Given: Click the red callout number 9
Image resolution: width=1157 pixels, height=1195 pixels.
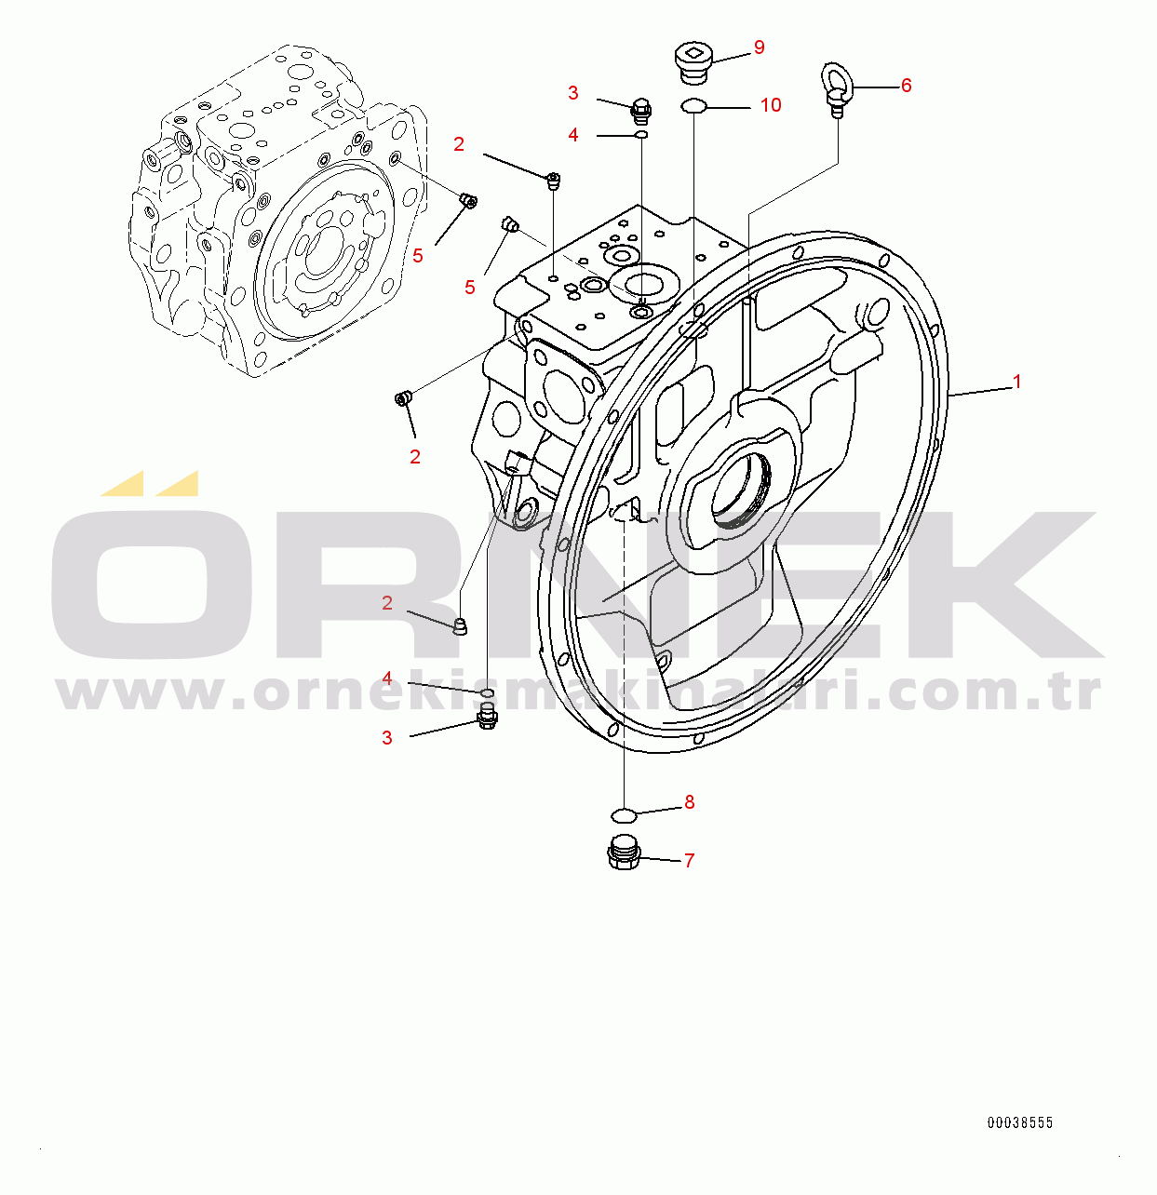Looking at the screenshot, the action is click(x=759, y=47).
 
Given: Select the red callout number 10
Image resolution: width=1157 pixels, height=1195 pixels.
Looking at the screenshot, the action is click(x=771, y=105).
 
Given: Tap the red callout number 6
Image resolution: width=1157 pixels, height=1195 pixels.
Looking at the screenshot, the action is click(x=906, y=86).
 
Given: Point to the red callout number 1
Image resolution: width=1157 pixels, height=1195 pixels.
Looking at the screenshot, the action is click(x=1017, y=382).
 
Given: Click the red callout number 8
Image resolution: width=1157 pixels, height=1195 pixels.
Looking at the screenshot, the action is click(x=689, y=802).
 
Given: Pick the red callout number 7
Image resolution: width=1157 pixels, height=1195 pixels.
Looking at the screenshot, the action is click(x=689, y=860).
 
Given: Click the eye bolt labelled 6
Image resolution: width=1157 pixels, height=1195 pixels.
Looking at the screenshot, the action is click(x=838, y=89).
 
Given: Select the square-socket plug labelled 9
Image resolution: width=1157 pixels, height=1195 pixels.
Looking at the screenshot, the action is click(x=693, y=63).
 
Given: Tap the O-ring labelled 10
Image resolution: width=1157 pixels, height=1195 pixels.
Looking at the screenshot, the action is click(x=693, y=107).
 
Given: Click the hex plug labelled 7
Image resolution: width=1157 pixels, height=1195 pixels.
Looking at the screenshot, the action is click(x=624, y=853).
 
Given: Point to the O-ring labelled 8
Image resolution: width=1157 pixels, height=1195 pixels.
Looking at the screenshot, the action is click(x=624, y=815).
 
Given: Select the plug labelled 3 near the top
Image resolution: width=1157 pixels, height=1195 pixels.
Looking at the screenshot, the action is click(x=641, y=111).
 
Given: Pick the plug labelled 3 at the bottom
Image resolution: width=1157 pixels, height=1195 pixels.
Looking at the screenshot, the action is click(x=487, y=718).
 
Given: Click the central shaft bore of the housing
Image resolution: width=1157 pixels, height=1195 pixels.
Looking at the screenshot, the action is click(x=740, y=489).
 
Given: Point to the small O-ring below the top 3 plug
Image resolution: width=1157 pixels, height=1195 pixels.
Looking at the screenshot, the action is click(x=641, y=134).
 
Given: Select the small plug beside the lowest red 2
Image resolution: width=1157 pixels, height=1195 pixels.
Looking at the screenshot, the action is click(x=460, y=627).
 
